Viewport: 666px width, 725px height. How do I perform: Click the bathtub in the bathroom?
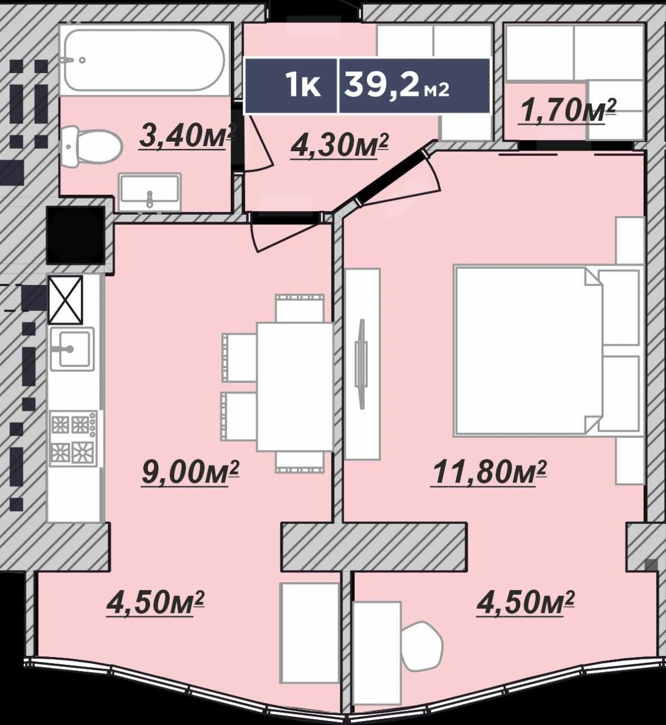pos(144,60)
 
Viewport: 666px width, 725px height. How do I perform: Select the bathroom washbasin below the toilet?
pos(150,192)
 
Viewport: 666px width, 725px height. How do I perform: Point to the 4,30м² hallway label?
pos(340,146)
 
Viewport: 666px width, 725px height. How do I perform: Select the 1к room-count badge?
pos(291,86)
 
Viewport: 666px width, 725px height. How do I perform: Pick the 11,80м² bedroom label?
pos(488,472)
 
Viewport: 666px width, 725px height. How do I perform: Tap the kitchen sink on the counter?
pos(72,349)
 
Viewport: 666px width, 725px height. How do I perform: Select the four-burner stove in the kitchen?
pos(74,438)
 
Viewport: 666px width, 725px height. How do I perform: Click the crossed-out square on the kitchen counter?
pos(65,300)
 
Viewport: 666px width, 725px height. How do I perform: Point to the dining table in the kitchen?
pos(295,387)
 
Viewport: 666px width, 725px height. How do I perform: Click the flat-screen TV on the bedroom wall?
pos(362,364)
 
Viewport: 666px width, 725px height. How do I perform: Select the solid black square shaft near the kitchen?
pos(75,235)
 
